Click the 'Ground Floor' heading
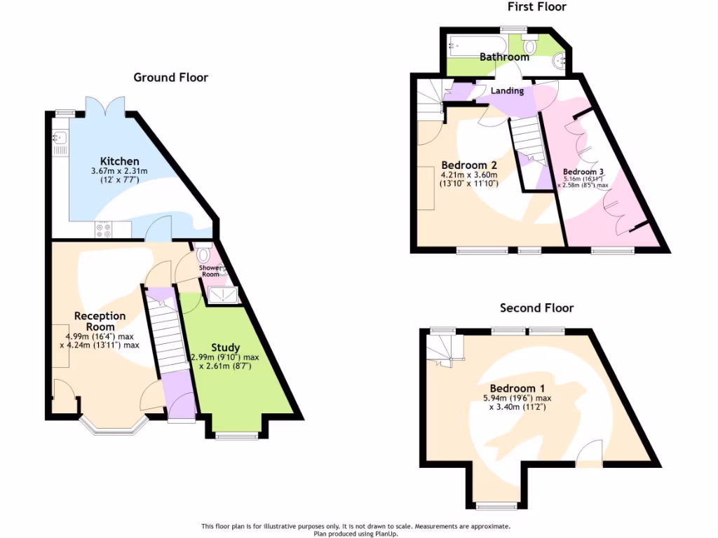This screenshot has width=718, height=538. click(x=170, y=77)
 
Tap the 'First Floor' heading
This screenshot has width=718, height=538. click(x=536, y=7)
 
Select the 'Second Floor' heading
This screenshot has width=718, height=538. click(x=536, y=308)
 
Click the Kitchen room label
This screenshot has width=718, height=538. click(x=119, y=161)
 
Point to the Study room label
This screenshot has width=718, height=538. click(x=225, y=347)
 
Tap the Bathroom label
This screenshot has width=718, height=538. click(x=504, y=57)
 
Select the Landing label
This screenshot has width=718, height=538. click(x=507, y=91)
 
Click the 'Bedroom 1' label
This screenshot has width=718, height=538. click(x=517, y=388)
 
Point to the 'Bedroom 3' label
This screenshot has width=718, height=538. click(x=583, y=172)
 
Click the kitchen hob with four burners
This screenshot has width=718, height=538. click(x=104, y=228)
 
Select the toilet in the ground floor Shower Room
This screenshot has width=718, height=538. click(x=204, y=254)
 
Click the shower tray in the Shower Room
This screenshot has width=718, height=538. click(x=224, y=296)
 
